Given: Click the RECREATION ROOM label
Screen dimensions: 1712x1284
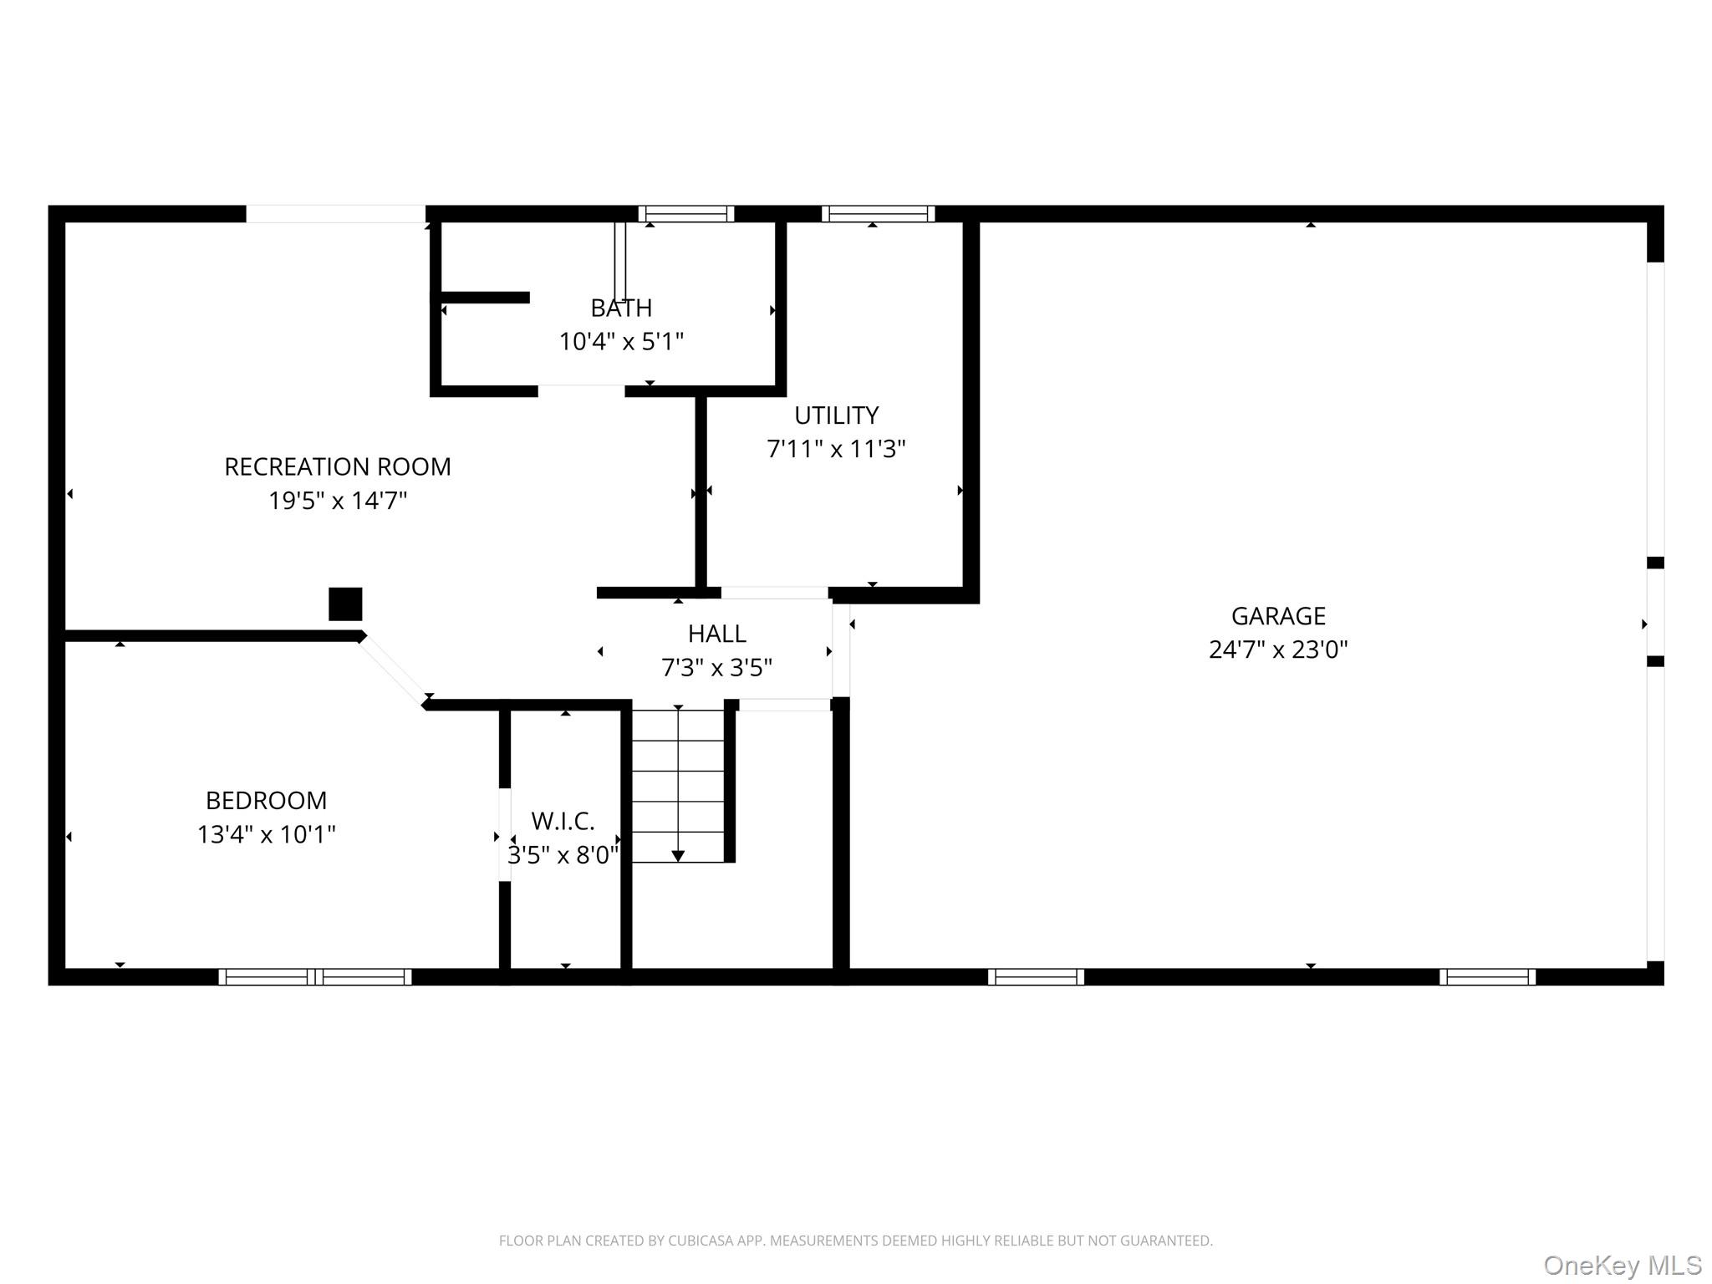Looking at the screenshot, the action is [338, 466].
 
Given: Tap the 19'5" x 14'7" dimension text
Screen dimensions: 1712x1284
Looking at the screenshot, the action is [338, 501].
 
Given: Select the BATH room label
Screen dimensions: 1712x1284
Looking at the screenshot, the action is [621, 308].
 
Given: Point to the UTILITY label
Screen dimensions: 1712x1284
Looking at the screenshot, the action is [836, 415].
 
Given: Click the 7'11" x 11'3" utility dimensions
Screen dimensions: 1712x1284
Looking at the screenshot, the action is [836, 449].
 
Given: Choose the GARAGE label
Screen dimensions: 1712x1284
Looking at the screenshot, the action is [1278, 616].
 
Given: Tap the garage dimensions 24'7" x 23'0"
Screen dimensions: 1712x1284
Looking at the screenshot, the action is [1278, 650].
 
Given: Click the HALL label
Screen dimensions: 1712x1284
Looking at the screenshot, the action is [717, 634].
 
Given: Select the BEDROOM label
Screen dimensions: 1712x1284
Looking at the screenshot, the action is [266, 801].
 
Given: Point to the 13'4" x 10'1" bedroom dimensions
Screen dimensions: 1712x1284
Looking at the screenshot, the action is [266, 834].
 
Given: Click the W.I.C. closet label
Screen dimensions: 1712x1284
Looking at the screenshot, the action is [563, 822].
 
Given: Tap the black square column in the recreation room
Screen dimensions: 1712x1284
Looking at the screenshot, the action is [345, 604].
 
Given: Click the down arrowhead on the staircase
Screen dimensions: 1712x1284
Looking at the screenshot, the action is [678, 856].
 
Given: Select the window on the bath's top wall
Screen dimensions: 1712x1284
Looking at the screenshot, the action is [686, 214].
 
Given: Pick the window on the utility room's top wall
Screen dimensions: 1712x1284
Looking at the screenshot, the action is [878, 214].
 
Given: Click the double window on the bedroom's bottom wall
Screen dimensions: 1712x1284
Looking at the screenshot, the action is [315, 977].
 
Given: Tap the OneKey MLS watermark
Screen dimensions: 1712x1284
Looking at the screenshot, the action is [1623, 1265].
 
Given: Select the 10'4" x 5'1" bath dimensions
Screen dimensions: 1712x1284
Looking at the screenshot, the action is [621, 342].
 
